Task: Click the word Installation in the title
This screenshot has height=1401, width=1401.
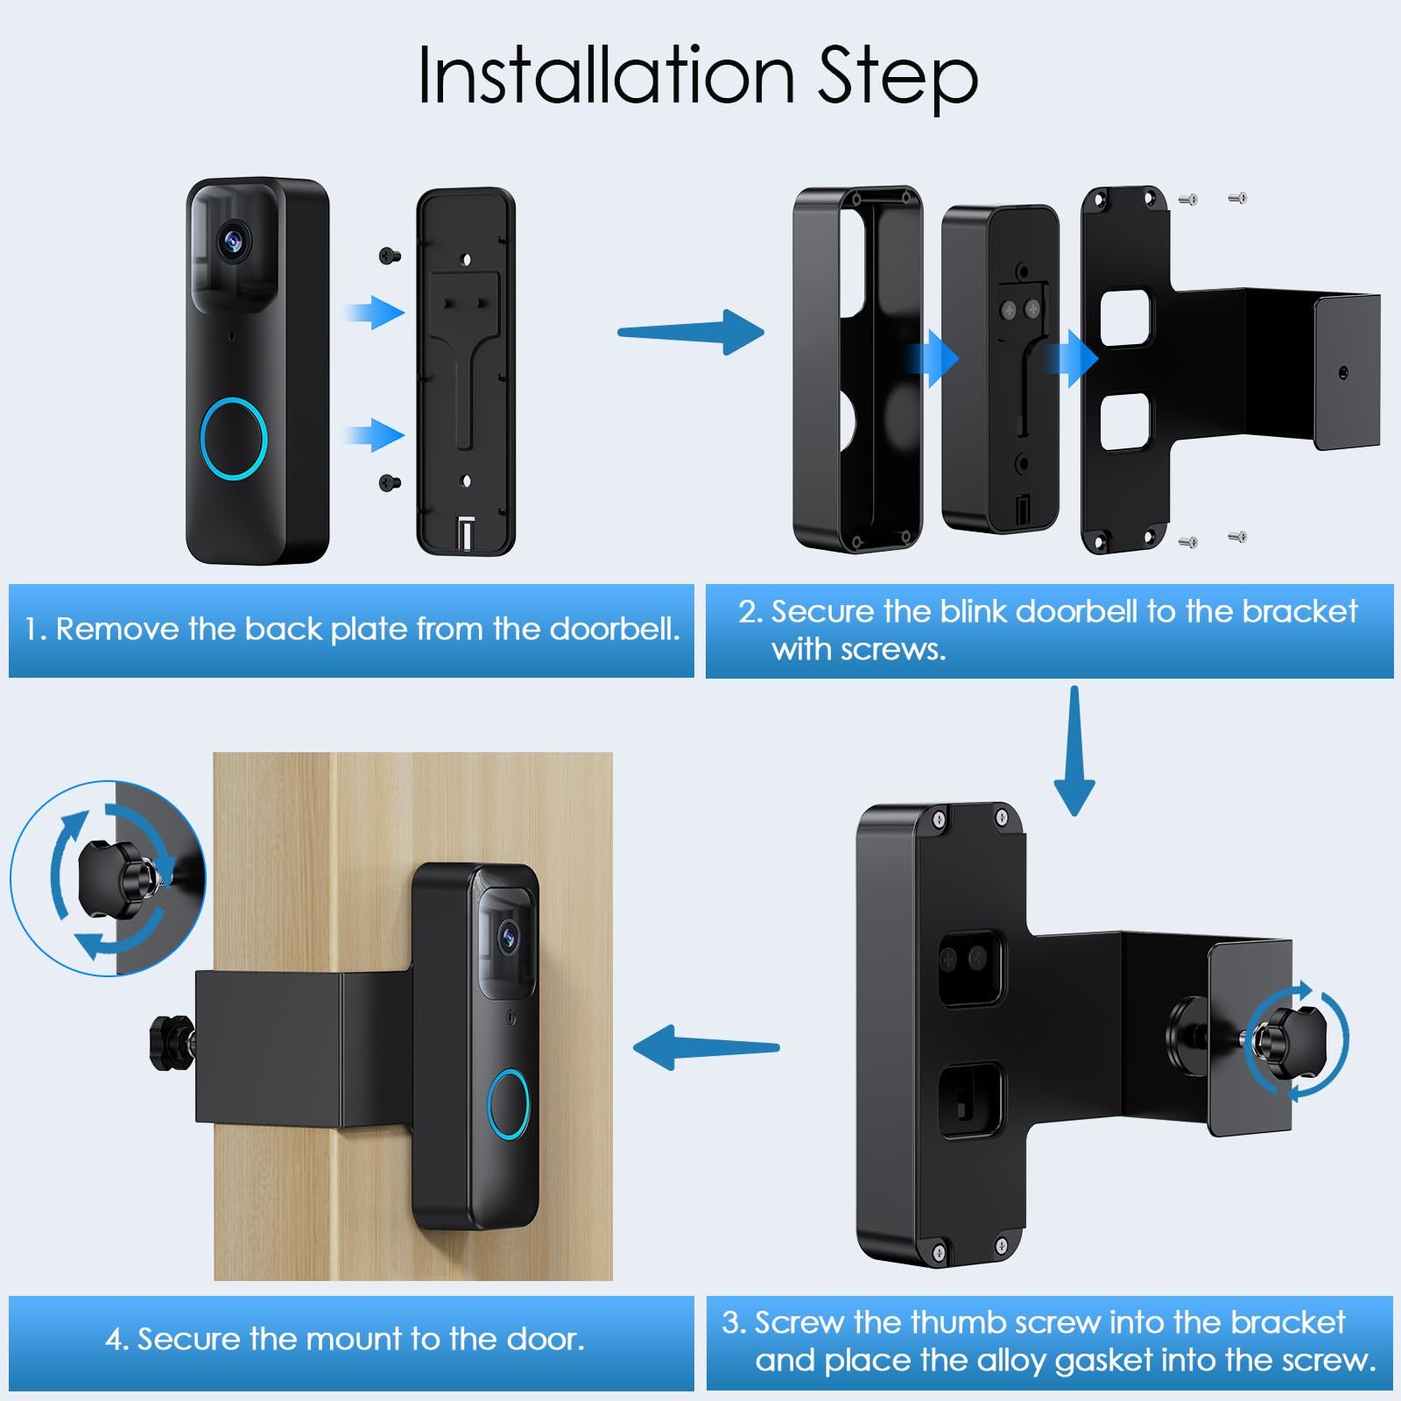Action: point(606,75)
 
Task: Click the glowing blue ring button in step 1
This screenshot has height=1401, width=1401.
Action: point(234,437)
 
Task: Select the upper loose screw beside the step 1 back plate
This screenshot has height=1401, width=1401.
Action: point(390,256)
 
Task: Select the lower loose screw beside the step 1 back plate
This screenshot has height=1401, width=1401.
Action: point(390,481)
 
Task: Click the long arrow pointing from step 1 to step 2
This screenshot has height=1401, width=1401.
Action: point(691,332)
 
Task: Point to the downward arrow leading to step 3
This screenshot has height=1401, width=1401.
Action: point(1074,750)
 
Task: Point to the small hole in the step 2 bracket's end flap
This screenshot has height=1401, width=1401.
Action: point(1343,373)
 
